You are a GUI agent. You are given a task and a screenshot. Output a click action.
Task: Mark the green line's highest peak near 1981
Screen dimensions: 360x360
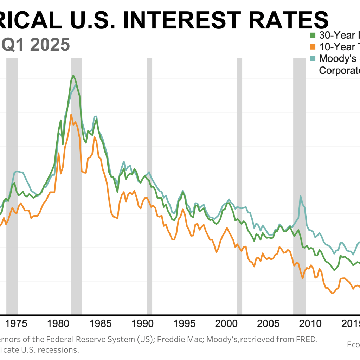point(73,75)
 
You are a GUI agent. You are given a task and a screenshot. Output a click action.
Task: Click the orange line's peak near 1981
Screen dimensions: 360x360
point(71,115)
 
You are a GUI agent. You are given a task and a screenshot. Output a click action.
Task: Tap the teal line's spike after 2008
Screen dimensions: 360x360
point(301,196)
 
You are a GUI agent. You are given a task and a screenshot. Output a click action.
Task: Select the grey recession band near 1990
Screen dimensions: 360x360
point(149,176)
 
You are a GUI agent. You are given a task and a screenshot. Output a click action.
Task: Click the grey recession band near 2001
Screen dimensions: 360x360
point(239,176)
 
